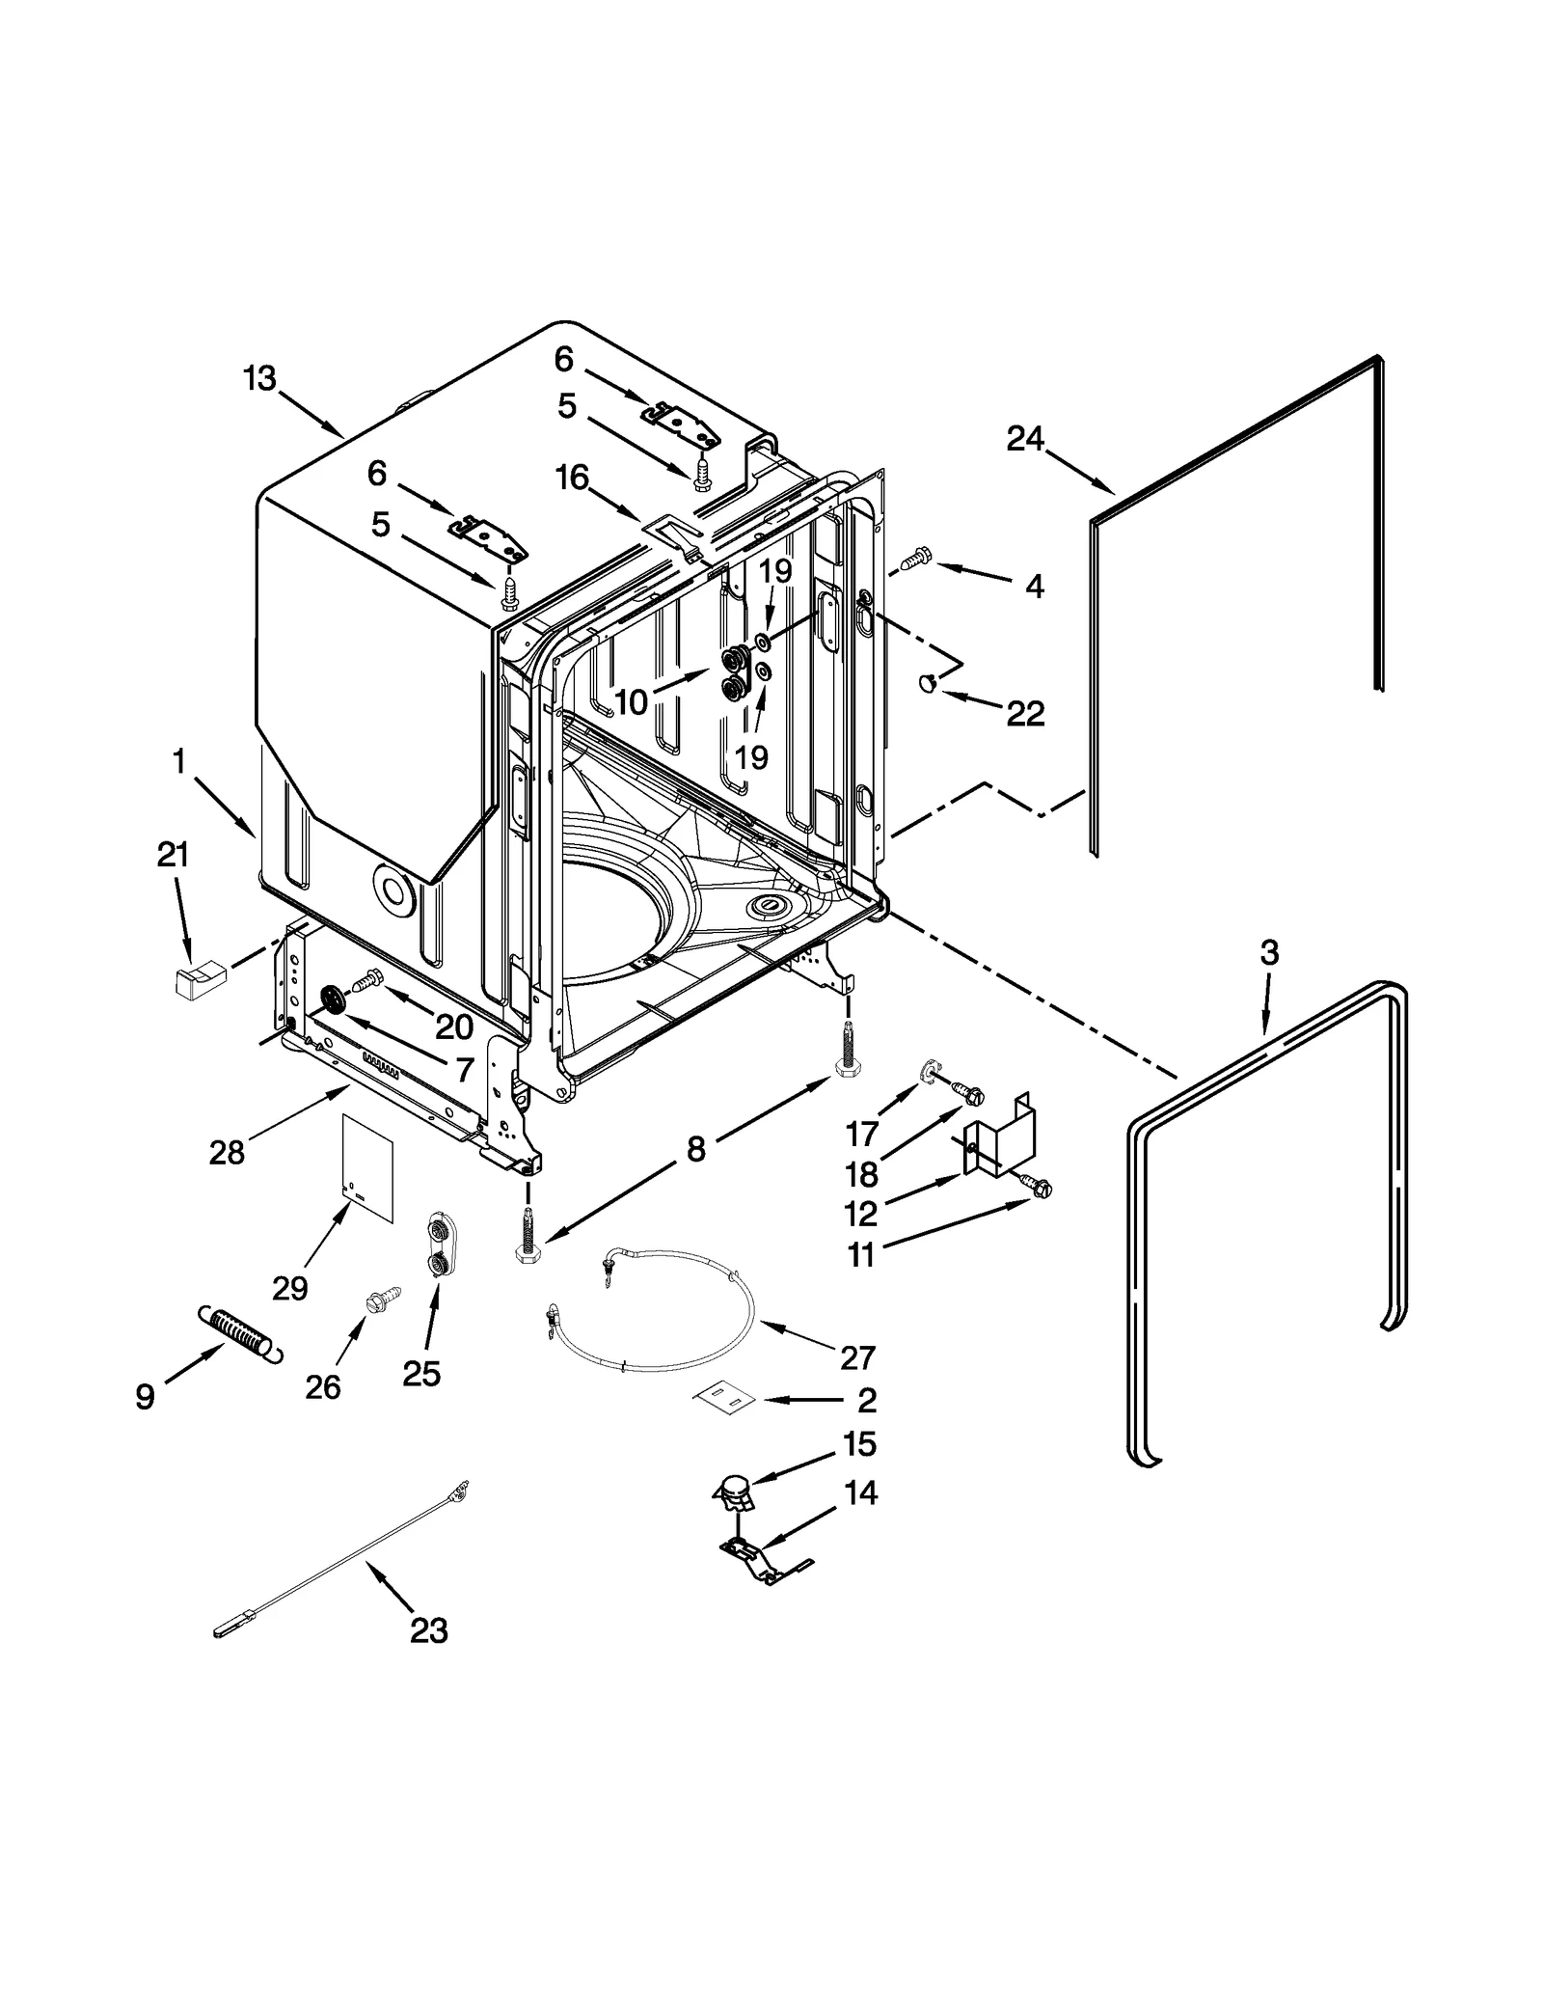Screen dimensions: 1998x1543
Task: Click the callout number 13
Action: [259, 378]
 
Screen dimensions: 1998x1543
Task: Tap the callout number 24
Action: [1025, 439]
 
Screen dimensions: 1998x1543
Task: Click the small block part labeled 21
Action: [197, 982]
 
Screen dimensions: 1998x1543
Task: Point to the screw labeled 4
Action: [914, 557]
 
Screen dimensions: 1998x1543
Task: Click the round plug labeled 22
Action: [928, 683]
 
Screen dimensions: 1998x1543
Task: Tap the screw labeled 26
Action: [374, 1301]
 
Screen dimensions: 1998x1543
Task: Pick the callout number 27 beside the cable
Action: [856, 1357]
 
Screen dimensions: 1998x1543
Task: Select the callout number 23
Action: [428, 1630]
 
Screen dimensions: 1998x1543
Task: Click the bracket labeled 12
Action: [999, 1143]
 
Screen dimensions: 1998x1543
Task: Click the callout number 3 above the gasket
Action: [1269, 952]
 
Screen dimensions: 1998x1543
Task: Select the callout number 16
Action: [573, 477]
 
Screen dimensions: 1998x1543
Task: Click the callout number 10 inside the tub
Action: [632, 701]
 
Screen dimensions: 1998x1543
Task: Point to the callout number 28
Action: [228, 1152]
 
